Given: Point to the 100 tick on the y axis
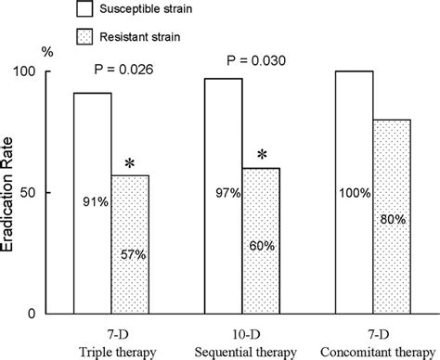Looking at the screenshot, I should (x=48, y=71).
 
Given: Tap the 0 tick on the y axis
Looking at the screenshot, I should (x=57, y=313).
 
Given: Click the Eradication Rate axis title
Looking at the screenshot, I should (x=13, y=190).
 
